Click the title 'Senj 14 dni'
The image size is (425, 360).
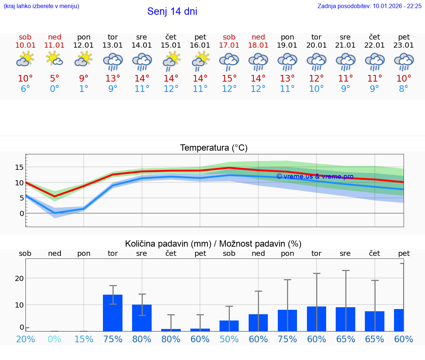click(x=172, y=11)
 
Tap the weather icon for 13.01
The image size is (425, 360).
click(x=113, y=61)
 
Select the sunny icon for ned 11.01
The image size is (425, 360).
click(x=54, y=59)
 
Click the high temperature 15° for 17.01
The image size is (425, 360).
click(x=229, y=78)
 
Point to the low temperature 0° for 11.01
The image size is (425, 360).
click(x=54, y=89)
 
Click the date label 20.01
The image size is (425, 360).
click(x=316, y=45)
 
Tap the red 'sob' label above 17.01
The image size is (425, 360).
click(x=229, y=37)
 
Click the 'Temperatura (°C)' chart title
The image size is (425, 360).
click(x=214, y=148)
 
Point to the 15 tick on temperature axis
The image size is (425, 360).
click(x=19, y=167)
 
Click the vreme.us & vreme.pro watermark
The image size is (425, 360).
click(x=315, y=176)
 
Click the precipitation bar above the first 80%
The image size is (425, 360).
click(x=142, y=318)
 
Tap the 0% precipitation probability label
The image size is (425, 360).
click(x=54, y=339)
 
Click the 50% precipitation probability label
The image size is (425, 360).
click(x=229, y=339)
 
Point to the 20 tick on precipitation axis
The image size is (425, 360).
click(x=19, y=278)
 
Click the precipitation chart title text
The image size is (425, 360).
click(x=213, y=244)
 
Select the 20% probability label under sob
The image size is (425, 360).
click(x=25, y=339)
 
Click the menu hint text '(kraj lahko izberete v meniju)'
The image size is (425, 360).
click(x=41, y=6)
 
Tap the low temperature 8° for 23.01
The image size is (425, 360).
click(x=404, y=89)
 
